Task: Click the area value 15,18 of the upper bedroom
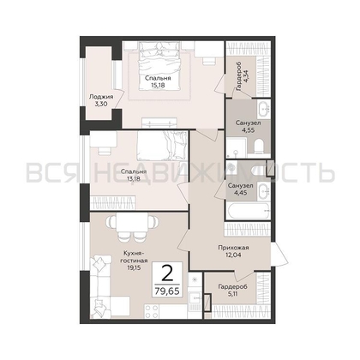point(158,85)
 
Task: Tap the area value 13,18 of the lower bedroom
point(134,178)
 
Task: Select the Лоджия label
point(101,97)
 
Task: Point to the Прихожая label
point(233,248)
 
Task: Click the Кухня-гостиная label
point(134,257)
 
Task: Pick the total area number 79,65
point(167,291)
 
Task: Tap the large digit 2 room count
point(167,273)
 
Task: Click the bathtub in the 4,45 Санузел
point(249,211)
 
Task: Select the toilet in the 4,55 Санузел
point(260,147)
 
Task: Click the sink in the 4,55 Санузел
point(263,109)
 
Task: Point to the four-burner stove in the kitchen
point(152,311)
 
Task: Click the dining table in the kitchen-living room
point(132,223)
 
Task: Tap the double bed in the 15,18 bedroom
point(159,66)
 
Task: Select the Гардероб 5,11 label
point(232,290)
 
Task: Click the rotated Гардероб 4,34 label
point(242,72)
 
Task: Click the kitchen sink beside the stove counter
point(195,298)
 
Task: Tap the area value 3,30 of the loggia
point(101,104)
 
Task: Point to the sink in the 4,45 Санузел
point(264,191)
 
